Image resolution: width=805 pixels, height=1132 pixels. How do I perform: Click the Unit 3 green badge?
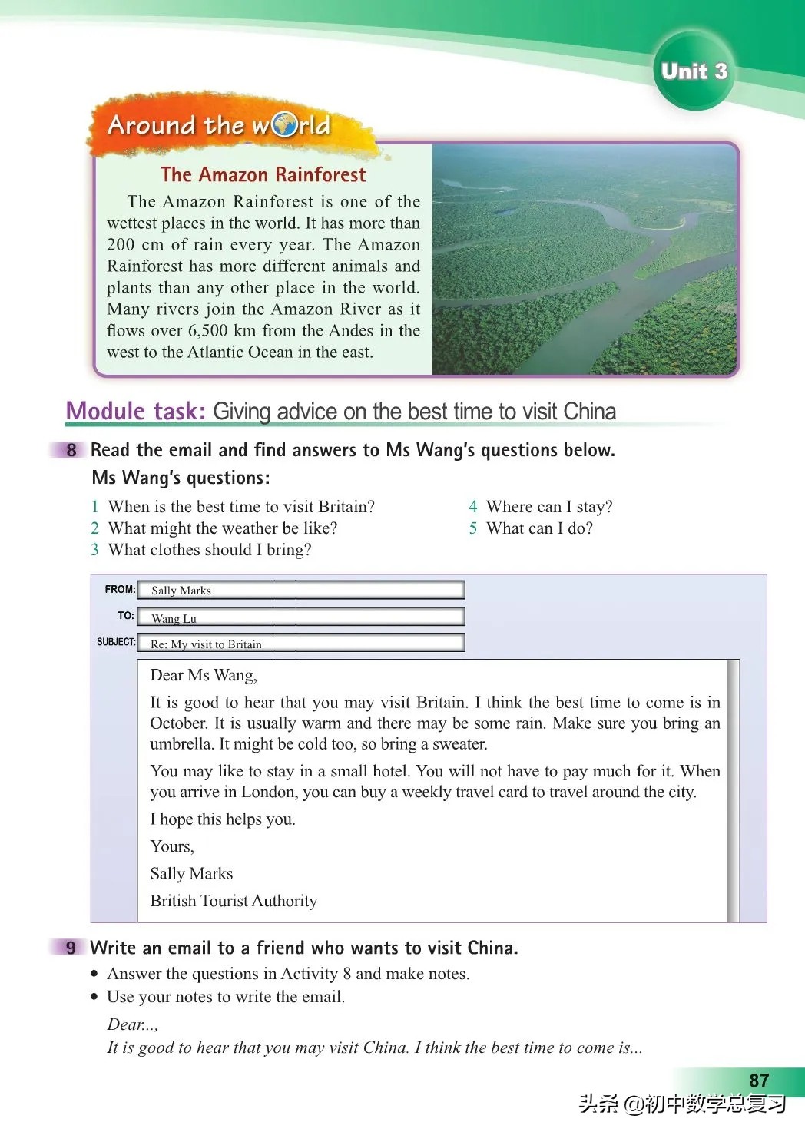(x=694, y=71)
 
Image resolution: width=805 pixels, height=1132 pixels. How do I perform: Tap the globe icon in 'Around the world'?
(x=284, y=125)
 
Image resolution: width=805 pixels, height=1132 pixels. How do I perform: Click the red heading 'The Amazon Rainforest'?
(x=263, y=175)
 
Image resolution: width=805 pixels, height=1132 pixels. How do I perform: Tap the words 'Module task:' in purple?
(x=135, y=412)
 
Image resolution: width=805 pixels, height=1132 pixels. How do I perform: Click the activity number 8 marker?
(x=71, y=450)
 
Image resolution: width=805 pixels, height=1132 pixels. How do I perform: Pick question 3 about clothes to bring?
(x=209, y=550)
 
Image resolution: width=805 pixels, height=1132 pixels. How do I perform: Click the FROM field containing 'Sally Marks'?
(x=300, y=590)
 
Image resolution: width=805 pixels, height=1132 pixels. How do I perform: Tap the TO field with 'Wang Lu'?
(x=300, y=617)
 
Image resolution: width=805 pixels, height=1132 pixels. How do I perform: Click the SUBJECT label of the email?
(x=116, y=642)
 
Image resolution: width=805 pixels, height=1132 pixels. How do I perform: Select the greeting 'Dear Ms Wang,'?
(x=204, y=675)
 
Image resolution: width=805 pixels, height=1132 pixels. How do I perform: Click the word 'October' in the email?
(x=178, y=723)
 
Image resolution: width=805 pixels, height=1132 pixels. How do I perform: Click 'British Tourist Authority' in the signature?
(x=234, y=901)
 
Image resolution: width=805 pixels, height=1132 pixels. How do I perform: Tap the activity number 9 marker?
(x=71, y=948)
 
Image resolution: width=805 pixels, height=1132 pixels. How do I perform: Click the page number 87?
(x=759, y=1081)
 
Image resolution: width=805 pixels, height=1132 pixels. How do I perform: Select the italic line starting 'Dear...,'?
(x=133, y=1024)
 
